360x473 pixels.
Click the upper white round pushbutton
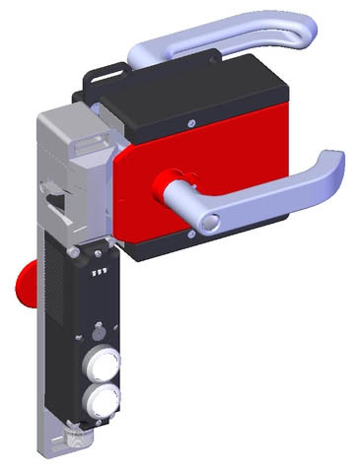pyautogui.click(x=102, y=360)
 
